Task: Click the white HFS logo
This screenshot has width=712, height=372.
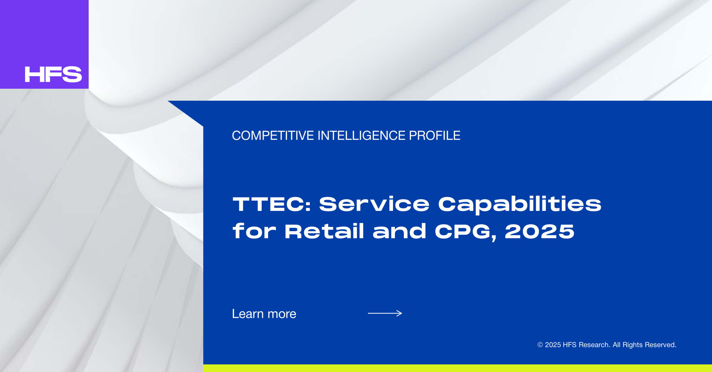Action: [53, 74]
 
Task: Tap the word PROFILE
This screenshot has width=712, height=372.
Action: [434, 136]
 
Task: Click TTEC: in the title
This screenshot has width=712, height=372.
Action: [271, 204]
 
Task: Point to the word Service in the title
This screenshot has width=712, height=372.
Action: [374, 204]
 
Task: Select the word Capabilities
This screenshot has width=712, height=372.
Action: [520, 205]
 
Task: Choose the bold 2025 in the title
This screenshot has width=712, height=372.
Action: [539, 231]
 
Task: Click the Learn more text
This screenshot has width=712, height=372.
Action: [264, 314]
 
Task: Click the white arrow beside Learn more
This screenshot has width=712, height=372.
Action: [385, 313]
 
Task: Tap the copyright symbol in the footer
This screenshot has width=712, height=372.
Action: [540, 345]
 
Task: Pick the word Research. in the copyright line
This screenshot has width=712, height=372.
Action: [594, 345]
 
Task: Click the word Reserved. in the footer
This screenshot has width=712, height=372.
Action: [661, 345]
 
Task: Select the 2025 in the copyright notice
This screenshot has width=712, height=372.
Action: [553, 345]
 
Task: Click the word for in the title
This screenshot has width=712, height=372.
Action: [254, 231]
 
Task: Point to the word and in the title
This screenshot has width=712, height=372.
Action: [399, 231]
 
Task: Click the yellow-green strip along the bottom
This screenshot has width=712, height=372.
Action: [458, 368]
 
